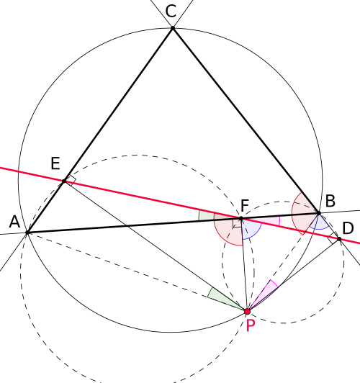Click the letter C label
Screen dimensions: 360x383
(x=171, y=12)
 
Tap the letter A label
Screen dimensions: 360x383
(x=14, y=222)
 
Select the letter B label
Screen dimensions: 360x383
(x=330, y=202)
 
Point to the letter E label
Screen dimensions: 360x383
(x=55, y=163)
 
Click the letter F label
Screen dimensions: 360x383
(x=245, y=205)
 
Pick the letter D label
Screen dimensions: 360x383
(x=348, y=228)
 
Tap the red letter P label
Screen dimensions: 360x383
(x=251, y=325)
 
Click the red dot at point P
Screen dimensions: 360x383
(x=248, y=312)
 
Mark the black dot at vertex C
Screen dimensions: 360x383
(x=173, y=28)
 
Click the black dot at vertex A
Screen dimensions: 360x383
(x=27, y=233)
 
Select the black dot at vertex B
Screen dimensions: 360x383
(x=319, y=213)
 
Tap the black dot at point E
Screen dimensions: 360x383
(x=64, y=181)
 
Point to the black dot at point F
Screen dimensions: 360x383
(x=241, y=218)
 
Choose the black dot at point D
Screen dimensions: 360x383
(x=339, y=238)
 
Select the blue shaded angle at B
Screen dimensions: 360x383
(x=320, y=223)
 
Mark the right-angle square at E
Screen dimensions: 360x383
(x=71, y=181)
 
